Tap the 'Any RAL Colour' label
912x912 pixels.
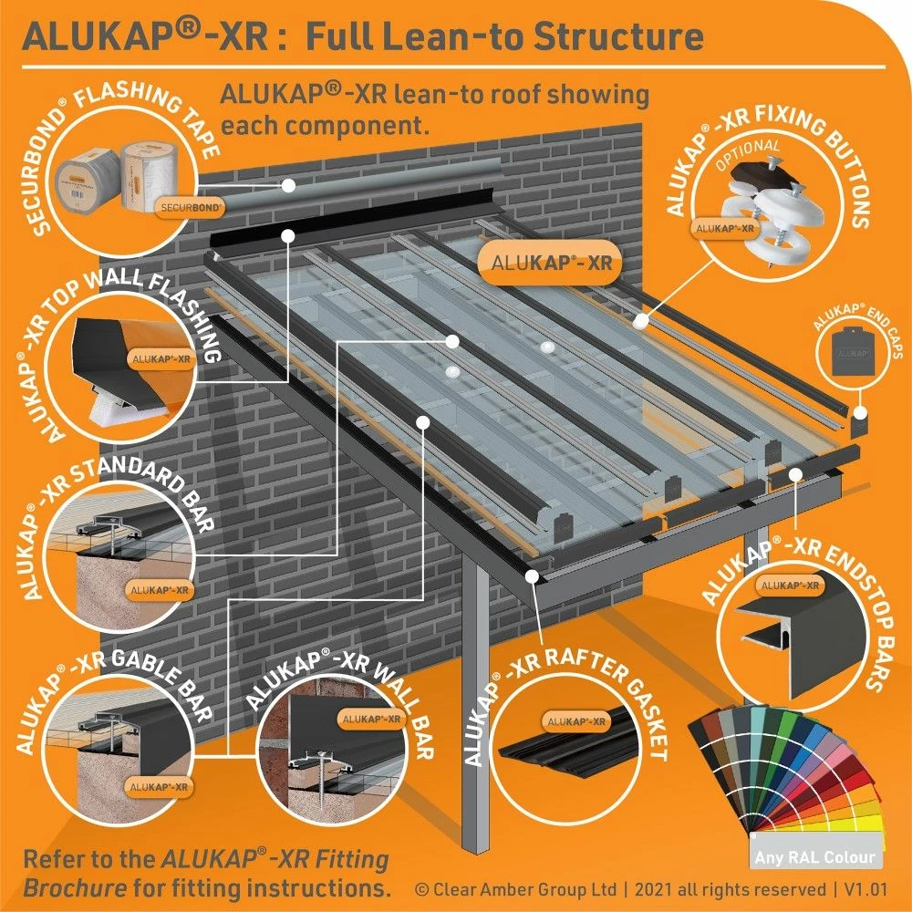tap(814, 857)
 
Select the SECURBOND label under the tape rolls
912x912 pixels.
tap(190, 207)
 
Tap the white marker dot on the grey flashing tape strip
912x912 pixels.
tap(287, 184)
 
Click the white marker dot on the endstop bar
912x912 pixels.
tap(795, 472)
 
